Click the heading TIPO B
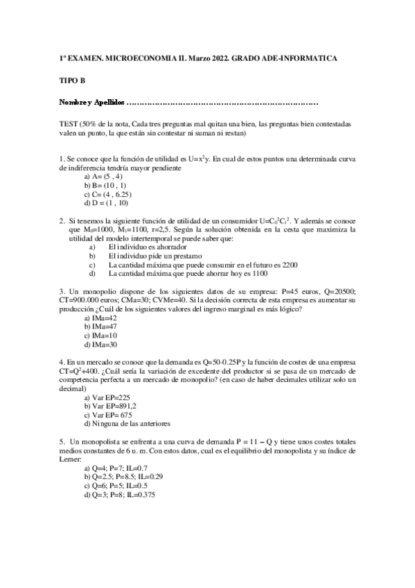point(71,80)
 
